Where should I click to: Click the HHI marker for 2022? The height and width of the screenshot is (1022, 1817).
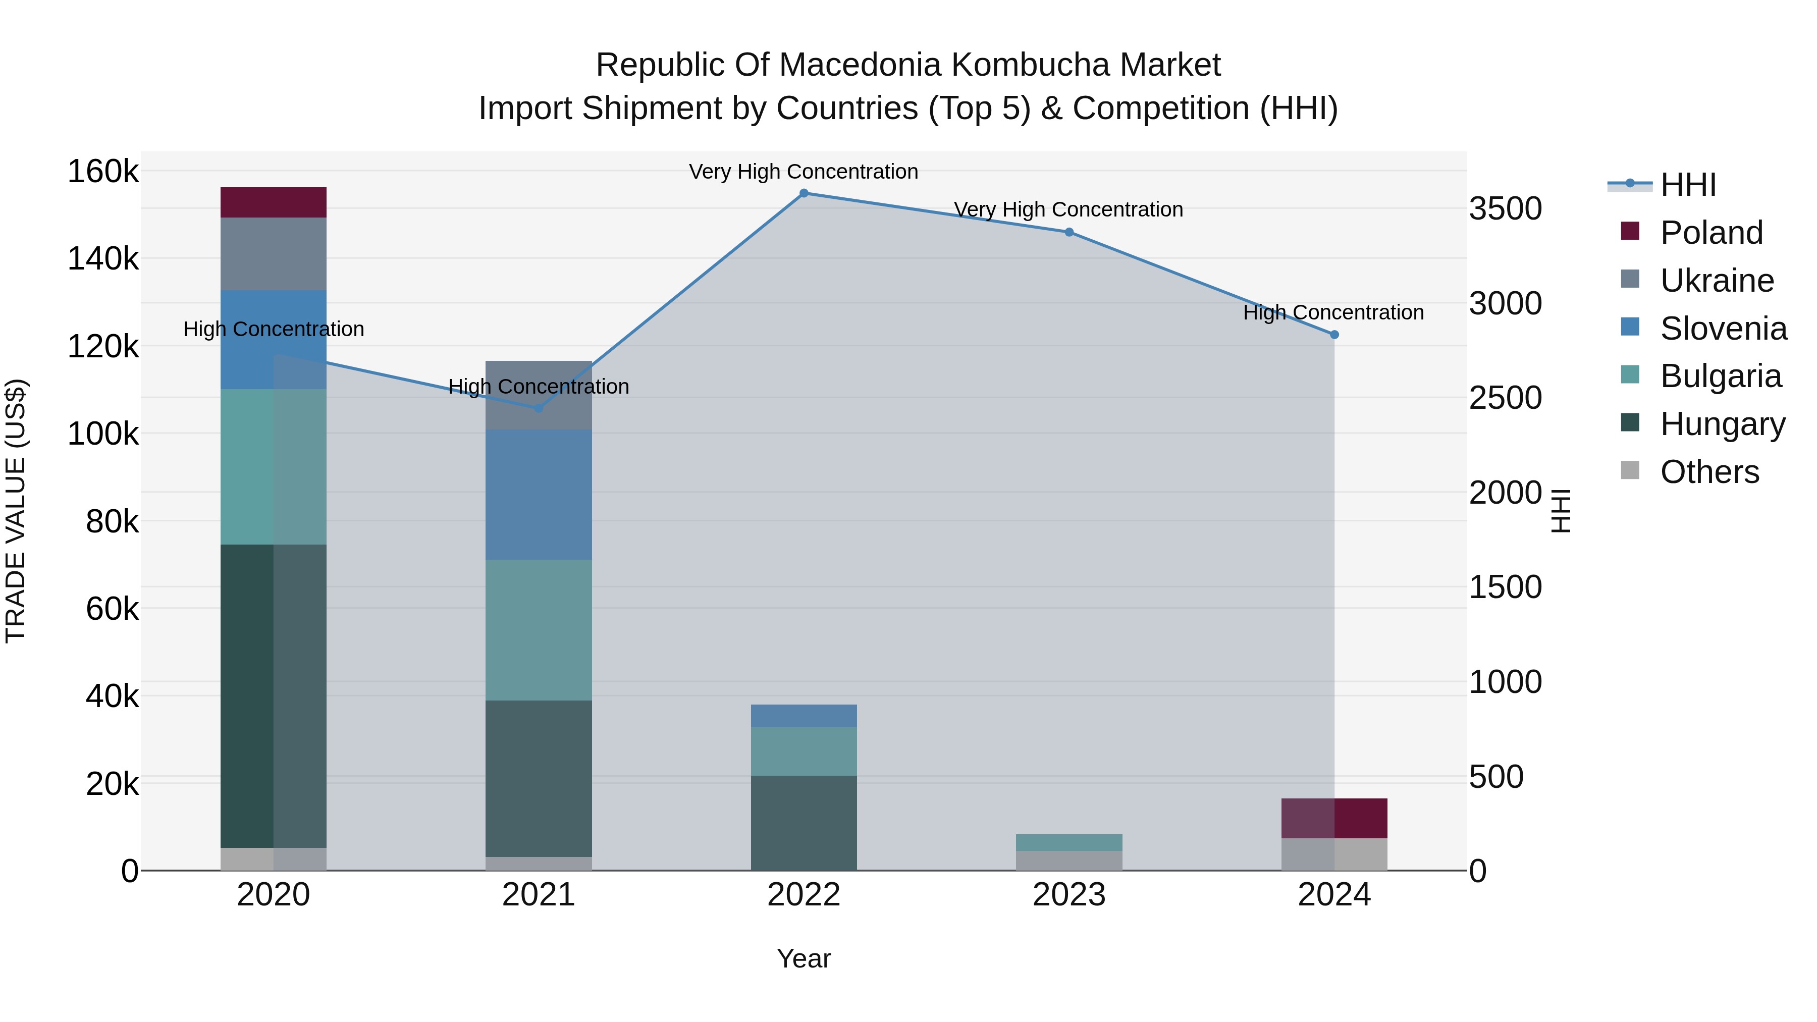(x=804, y=193)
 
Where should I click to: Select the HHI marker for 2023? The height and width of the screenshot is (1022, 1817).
(x=1068, y=232)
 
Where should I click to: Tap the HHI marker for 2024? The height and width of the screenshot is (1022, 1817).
(x=1334, y=335)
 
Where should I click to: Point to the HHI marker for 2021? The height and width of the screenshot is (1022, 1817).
(x=539, y=408)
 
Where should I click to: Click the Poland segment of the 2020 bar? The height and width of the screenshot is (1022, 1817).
(x=273, y=202)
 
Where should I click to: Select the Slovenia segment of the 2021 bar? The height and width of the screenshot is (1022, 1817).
(x=539, y=495)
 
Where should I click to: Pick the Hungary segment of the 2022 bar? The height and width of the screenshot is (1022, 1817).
(x=804, y=823)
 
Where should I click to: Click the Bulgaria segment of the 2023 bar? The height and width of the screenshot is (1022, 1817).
(x=1068, y=842)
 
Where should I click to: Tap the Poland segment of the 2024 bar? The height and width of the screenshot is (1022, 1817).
(x=1334, y=818)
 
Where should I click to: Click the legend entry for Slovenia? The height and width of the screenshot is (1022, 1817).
(x=1723, y=329)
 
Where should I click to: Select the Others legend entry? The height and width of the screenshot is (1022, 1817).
(x=1709, y=472)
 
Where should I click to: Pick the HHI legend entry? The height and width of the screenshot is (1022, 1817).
(x=1688, y=185)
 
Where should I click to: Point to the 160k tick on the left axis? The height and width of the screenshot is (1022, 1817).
(x=103, y=172)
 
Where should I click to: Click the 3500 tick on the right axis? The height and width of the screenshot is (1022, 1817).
(x=1505, y=209)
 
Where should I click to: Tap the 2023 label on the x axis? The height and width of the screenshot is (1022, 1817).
(x=1068, y=895)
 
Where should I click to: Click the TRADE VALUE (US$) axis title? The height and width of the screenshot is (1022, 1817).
(x=16, y=511)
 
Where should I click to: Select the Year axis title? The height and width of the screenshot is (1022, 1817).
(x=804, y=958)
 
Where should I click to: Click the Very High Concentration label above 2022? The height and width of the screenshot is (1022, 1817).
(x=804, y=172)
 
